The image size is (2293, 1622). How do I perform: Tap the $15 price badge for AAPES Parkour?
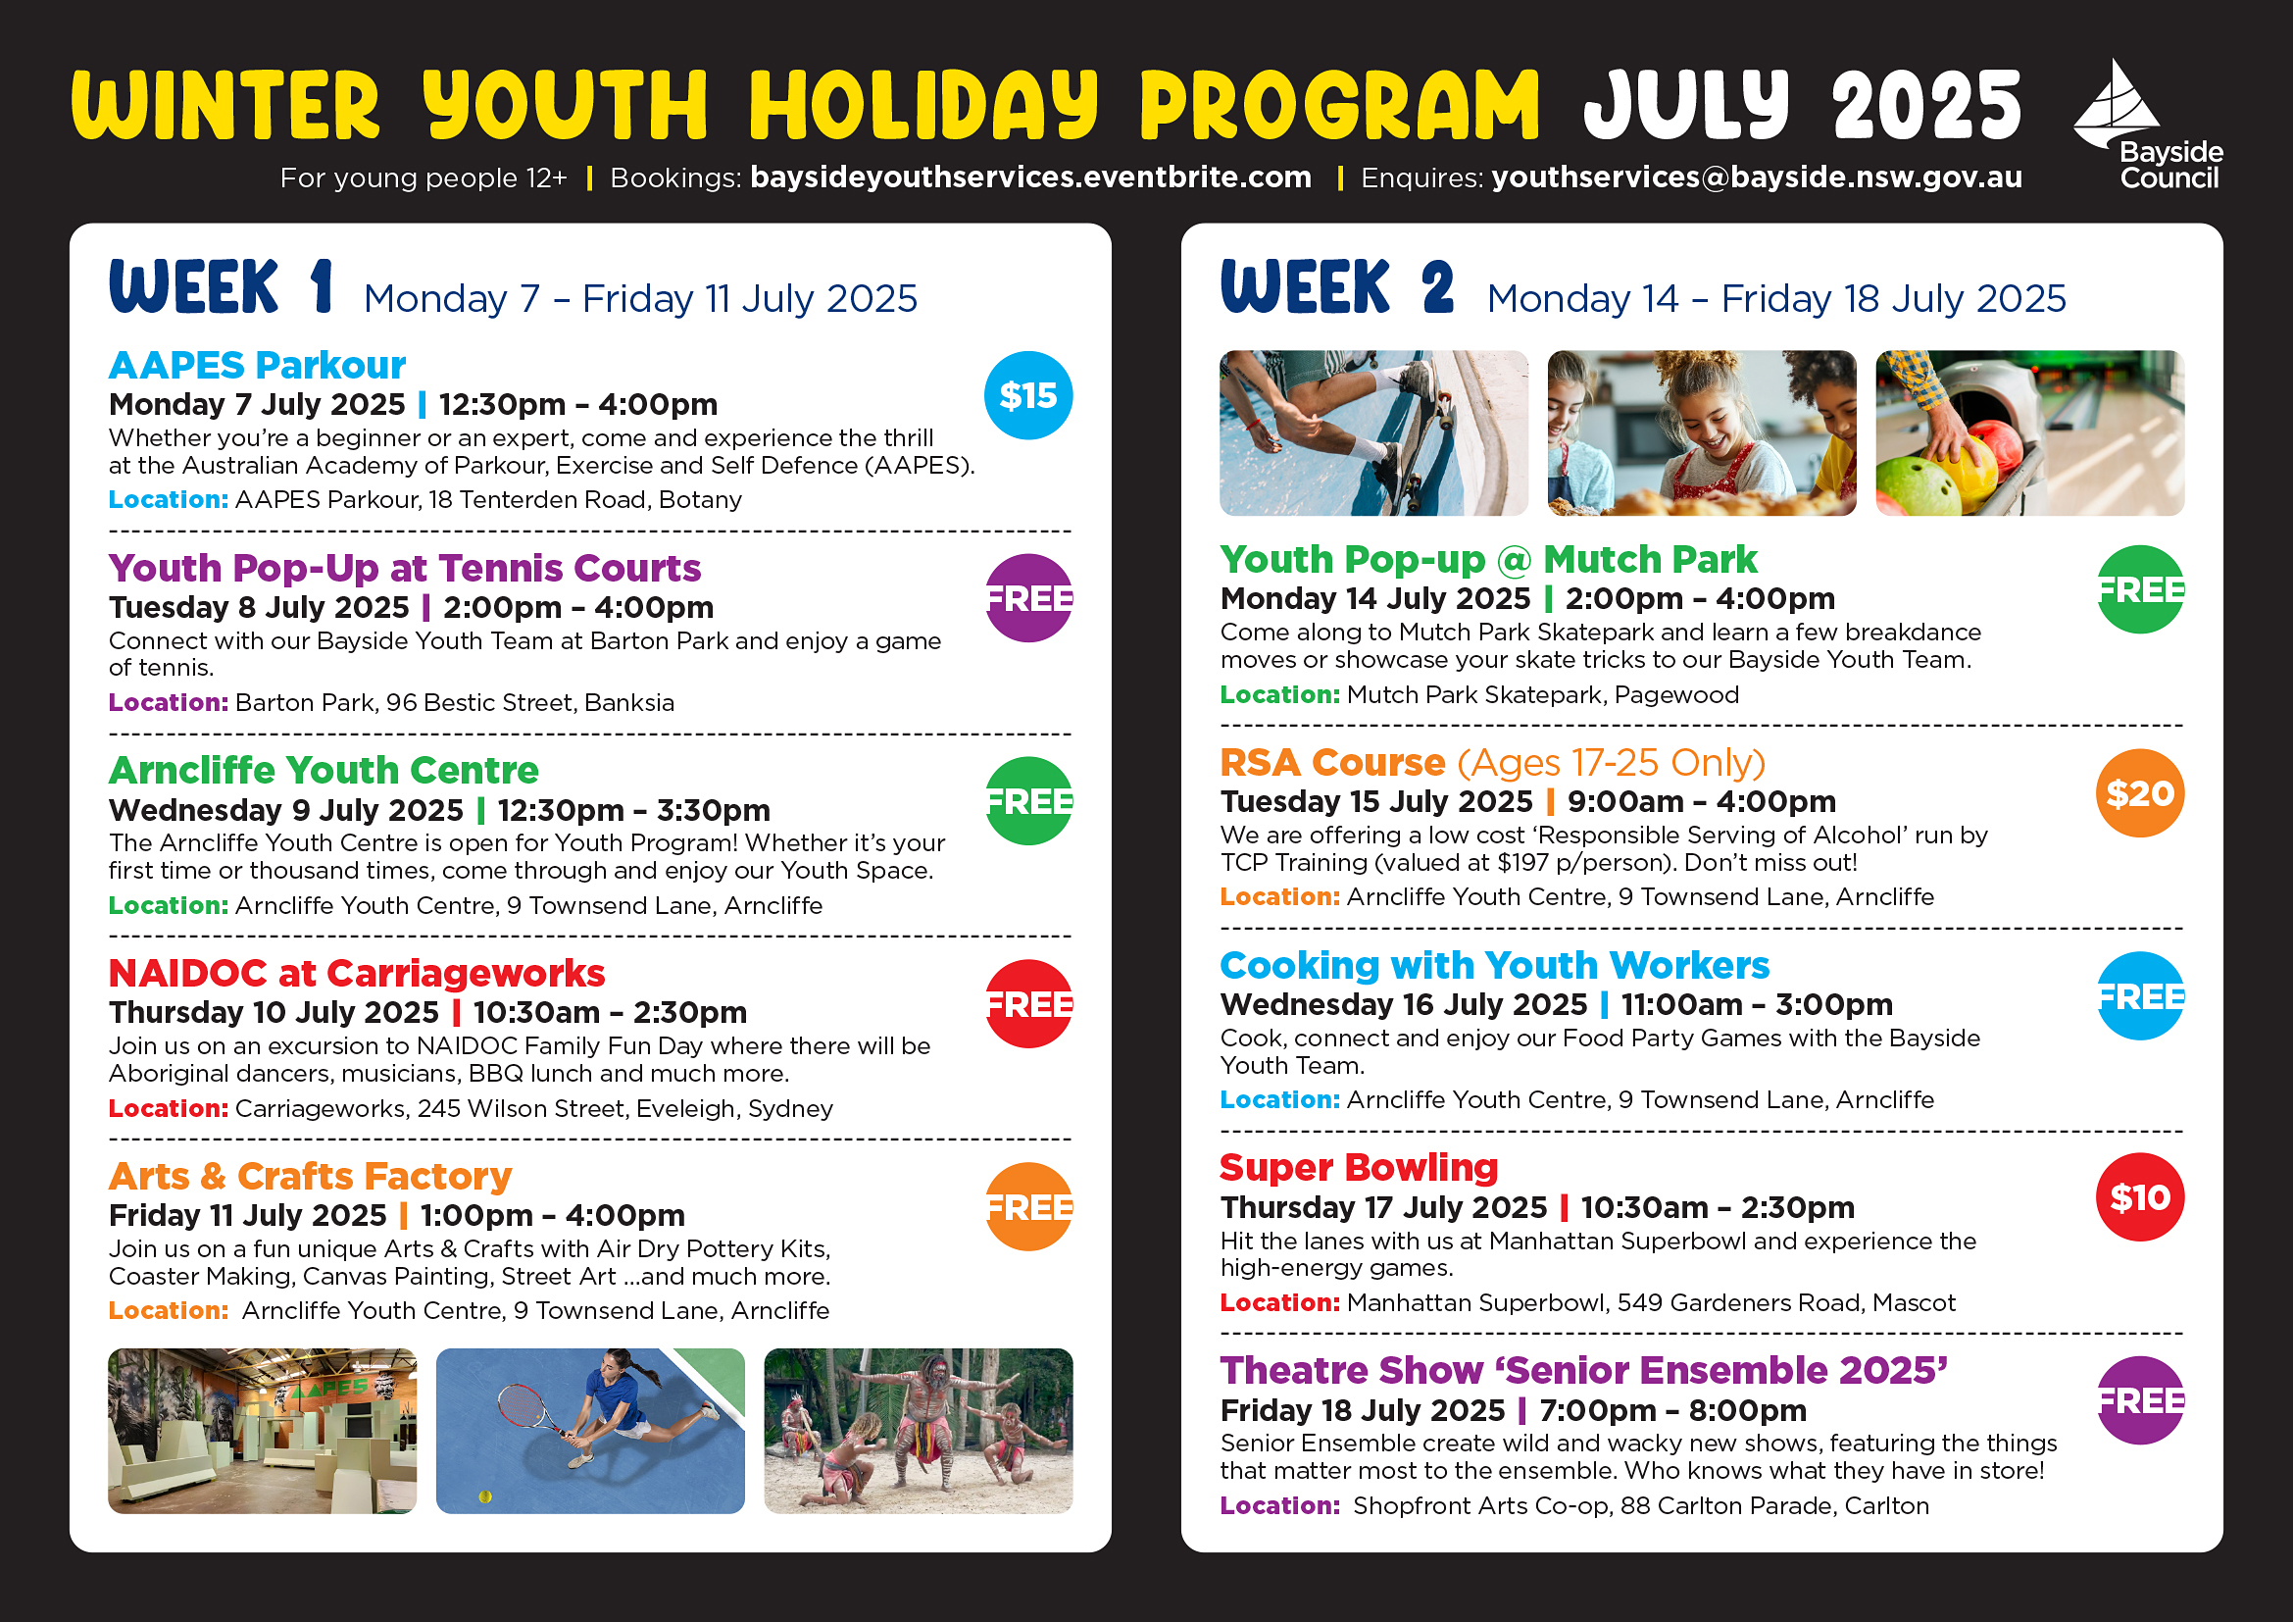(x=1027, y=395)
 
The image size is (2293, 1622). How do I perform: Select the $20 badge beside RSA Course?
(x=2139, y=793)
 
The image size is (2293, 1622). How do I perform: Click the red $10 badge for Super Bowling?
(x=2139, y=1196)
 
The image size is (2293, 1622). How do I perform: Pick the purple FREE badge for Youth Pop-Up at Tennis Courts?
(x=1028, y=598)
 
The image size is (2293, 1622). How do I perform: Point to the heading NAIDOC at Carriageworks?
(x=357, y=973)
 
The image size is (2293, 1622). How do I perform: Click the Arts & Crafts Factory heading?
(x=310, y=1176)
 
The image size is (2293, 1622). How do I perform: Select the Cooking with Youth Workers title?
(x=1494, y=965)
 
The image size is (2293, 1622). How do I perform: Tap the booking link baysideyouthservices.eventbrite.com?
(x=1030, y=177)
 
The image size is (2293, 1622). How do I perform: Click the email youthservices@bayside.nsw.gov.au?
(x=1757, y=177)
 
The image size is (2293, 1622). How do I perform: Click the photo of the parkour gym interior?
(x=262, y=1431)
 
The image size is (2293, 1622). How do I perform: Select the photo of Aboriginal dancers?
(x=918, y=1431)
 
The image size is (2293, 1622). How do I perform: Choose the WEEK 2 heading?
(x=1337, y=287)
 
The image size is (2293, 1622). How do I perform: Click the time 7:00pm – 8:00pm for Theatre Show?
(x=1672, y=1410)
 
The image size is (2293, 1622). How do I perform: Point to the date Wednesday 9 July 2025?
(x=285, y=810)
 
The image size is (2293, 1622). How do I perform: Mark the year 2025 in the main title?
(x=1926, y=106)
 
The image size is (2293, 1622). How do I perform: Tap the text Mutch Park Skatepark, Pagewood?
(x=1542, y=695)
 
